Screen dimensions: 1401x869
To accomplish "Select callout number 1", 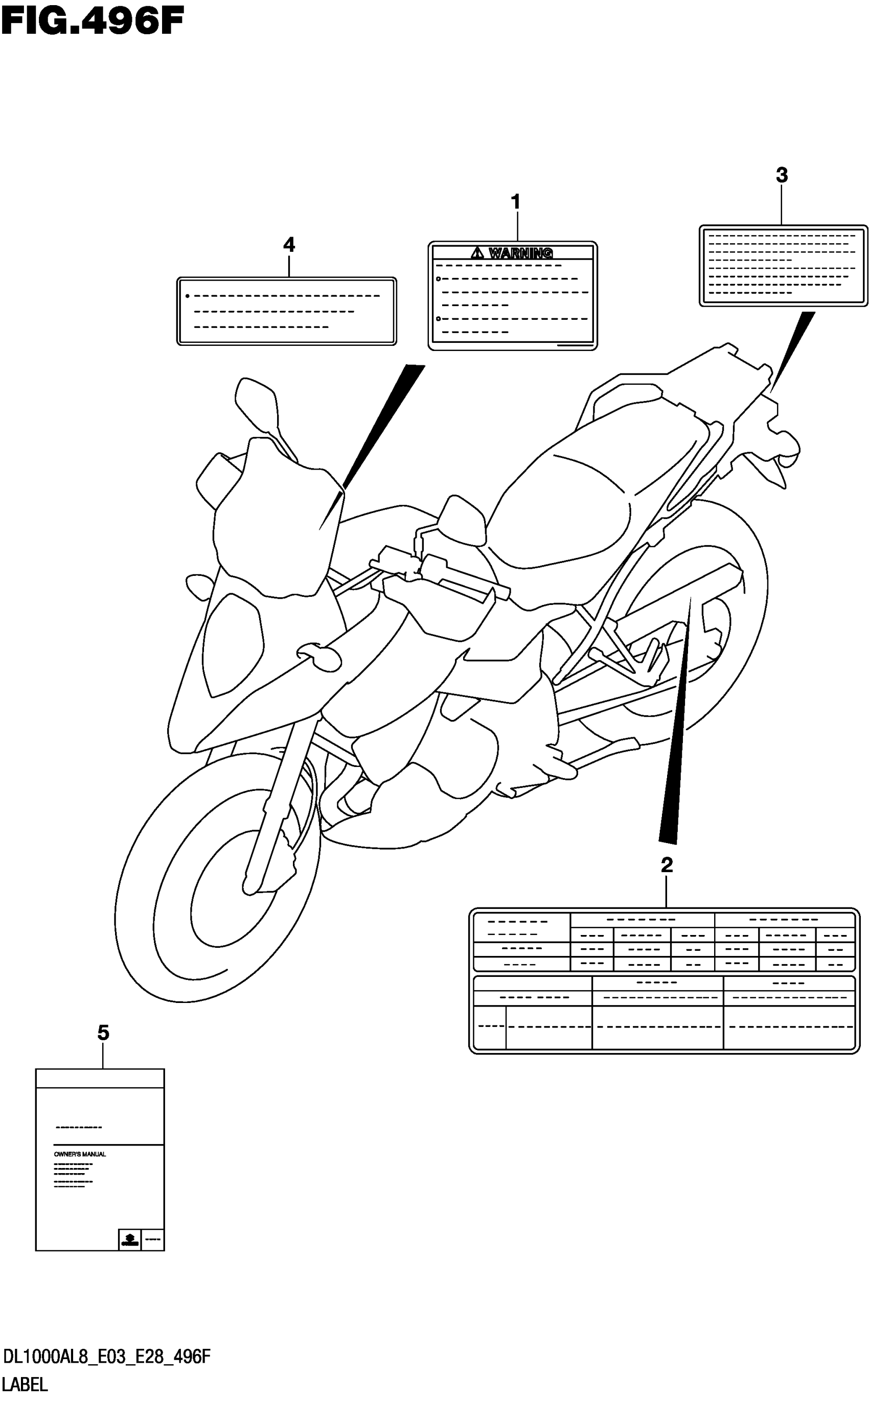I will pyautogui.click(x=516, y=202).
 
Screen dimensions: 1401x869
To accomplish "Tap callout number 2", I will pyautogui.click(x=666, y=865).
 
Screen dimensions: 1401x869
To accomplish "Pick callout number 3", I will pyautogui.click(x=781, y=175).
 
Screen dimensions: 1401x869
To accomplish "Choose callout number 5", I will pyautogui.click(x=103, y=1033).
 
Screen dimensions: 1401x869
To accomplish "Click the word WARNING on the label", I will pyautogui.click(x=520, y=253).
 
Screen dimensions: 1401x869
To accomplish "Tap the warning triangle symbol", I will pyautogui.click(x=477, y=252).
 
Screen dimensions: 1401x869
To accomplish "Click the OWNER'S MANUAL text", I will pyautogui.click(x=80, y=1155).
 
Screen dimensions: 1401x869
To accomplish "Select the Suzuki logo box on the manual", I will pyautogui.click(x=130, y=1240).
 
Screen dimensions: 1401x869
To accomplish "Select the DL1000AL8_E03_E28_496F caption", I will pyautogui.click(x=107, y=1358).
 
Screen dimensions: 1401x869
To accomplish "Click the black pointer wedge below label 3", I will pyautogui.click(x=796, y=345).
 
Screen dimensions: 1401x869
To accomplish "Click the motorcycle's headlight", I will pyautogui.click(x=233, y=643).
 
